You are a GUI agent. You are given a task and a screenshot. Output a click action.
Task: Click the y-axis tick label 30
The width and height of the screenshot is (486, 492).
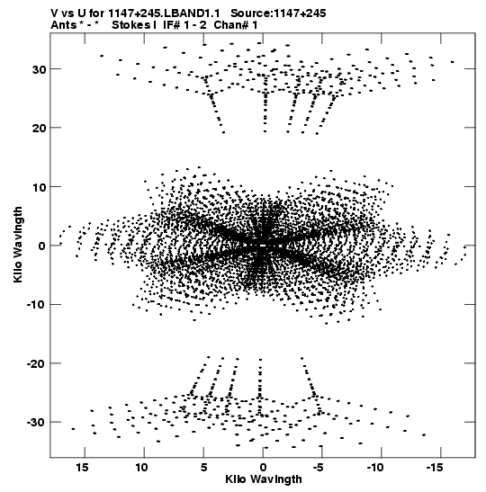[39, 69]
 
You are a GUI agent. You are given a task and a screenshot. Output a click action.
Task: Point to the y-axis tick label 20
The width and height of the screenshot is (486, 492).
[39, 128]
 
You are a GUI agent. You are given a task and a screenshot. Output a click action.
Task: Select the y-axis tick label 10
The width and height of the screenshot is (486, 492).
[39, 187]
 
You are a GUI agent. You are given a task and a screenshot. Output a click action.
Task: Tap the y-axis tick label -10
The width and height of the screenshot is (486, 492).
[36, 305]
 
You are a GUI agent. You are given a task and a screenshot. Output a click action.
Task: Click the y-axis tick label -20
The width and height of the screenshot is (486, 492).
[36, 363]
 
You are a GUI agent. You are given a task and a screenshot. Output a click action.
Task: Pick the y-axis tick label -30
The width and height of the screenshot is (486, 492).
[36, 423]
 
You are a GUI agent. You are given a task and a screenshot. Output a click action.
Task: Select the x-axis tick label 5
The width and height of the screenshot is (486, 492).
[203, 468]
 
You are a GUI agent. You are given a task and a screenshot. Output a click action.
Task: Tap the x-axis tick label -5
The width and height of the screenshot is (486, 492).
[318, 468]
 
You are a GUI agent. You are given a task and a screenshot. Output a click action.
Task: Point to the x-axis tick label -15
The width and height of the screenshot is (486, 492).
[434, 468]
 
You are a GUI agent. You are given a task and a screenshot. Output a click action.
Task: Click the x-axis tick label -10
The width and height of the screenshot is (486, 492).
[375, 468]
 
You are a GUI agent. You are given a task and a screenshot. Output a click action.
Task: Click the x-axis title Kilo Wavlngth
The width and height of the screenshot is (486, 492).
[264, 479]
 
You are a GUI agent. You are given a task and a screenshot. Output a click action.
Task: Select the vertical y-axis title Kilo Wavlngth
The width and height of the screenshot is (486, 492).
[18, 245]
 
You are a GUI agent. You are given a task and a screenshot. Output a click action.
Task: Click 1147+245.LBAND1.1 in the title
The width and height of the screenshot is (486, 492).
[164, 13]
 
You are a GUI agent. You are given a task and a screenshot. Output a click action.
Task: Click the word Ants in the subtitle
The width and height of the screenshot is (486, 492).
[63, 25]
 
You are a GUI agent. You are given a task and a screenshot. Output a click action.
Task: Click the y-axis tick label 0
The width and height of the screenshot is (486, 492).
[42, 246]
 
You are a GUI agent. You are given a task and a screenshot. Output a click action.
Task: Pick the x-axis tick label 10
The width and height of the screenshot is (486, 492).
[141, 468]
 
